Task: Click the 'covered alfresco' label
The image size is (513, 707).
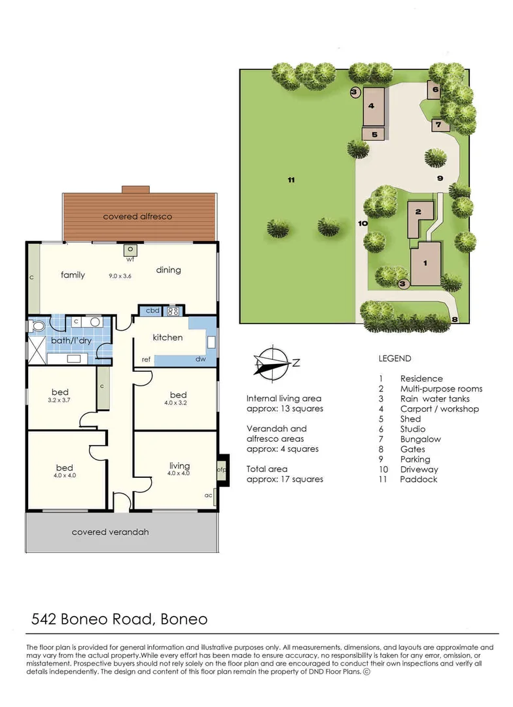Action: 137,216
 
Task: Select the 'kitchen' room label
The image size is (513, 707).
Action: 168,338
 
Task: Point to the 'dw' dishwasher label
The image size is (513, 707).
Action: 200,359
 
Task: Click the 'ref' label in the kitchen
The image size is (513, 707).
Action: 147,359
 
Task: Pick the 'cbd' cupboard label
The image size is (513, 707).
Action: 152,311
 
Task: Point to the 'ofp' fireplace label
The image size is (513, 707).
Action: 221,470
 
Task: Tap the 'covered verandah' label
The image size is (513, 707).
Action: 110,532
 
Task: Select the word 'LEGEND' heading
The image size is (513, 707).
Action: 395,359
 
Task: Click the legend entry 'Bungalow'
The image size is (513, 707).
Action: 421,439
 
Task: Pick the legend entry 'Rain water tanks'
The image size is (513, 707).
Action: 434,399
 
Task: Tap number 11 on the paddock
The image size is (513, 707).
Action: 291,179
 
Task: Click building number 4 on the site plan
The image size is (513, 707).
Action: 371,105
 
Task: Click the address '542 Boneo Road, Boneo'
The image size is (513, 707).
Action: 120,619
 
